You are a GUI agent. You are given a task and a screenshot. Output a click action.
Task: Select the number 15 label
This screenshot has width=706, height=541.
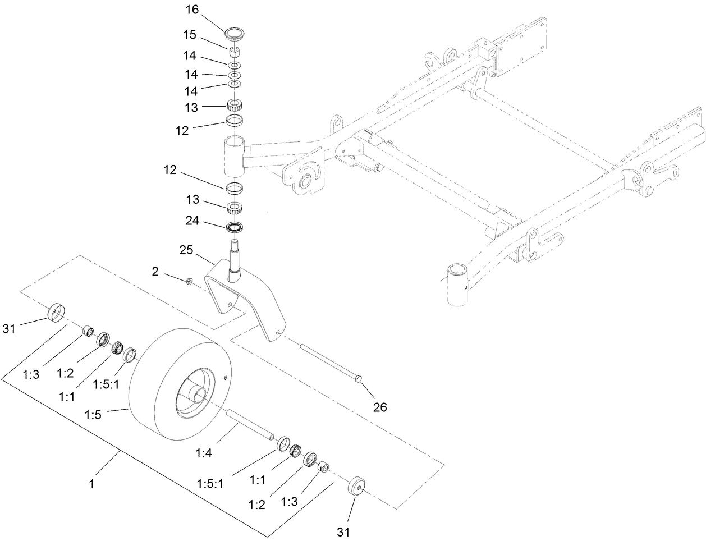(189, 35)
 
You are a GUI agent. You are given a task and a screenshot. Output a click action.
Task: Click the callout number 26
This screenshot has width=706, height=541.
(380, 407)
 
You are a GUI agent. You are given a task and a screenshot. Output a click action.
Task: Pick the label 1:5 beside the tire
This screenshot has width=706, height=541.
(93, 416)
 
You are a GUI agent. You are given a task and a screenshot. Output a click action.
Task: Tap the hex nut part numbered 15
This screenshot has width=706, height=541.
(233, 54)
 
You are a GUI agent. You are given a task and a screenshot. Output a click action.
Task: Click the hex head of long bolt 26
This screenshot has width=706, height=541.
(359, 380)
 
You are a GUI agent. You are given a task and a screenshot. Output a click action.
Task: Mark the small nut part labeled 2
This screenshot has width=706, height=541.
(190, 280)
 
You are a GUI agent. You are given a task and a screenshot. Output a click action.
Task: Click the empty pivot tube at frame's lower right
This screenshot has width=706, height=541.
(456, 285)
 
